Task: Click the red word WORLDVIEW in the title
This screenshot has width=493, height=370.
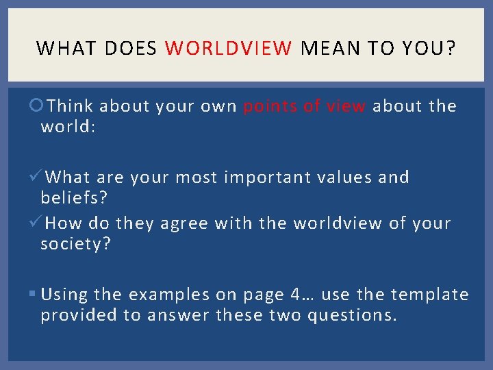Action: (x=229, y=48)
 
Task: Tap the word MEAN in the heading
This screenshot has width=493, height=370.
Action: (x=327, y=48)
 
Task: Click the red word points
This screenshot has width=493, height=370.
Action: (x=268, y=106)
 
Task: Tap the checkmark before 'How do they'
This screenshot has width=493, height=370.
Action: (x=38, y=223)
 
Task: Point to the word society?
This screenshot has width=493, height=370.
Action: (x=75, y=244)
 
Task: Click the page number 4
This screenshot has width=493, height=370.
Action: (x=295, y=295)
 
